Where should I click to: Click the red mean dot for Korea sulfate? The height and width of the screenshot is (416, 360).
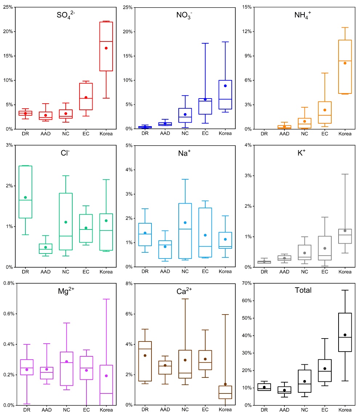tap(106, 48)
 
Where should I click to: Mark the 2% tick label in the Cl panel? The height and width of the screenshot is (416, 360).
tap(8, 186)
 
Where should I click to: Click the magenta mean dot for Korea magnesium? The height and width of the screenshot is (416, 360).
tap(106, 376)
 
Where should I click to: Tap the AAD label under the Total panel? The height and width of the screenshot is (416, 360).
tap(284, 410)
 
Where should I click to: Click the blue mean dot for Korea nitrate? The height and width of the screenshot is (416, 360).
tap(225, 86)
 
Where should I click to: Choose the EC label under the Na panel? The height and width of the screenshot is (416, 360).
tap(205, 272)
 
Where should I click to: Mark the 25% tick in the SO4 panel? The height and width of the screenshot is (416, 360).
tap(7, 7)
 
